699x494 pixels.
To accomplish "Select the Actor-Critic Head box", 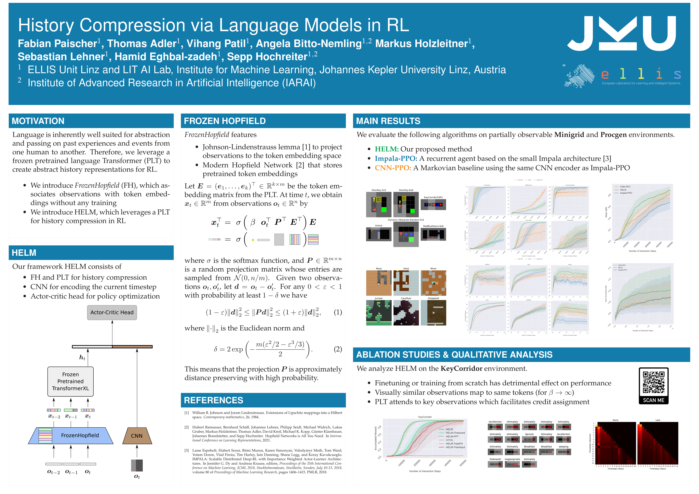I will click(x=112, y=312).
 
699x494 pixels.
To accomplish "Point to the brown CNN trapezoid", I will click(x=137, y=436).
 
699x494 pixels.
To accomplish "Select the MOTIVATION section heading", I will click(x=38, y=121).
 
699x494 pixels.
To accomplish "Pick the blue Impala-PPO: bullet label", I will click(x=396, y=158).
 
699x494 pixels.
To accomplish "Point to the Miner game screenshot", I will click(x=433, y=283).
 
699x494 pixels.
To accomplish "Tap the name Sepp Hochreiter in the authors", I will click(x=267, y=57).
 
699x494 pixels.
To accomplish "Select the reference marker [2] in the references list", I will click(x=187, y=427).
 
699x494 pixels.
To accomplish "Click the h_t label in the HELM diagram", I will click(x=82, y=357).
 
